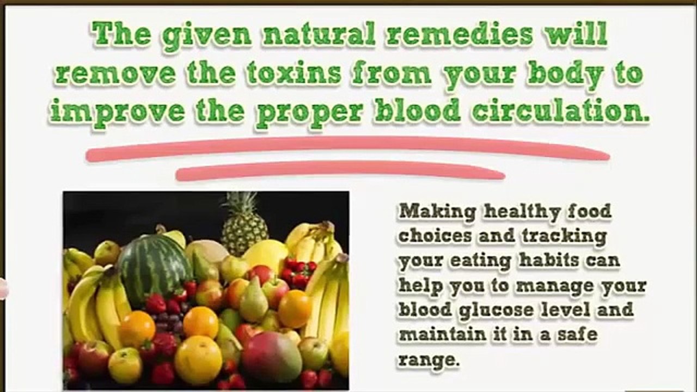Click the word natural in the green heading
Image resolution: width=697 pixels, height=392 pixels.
[319, 34]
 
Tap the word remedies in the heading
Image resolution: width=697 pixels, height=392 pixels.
[459, 34]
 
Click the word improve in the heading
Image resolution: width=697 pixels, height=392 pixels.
[117, 114]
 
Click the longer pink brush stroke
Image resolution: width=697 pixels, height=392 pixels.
[348, 149]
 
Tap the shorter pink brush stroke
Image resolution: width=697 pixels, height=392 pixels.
[340, 170]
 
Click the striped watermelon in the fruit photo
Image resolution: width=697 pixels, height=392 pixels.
[155, 267]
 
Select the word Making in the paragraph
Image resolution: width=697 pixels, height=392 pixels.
[437, 212]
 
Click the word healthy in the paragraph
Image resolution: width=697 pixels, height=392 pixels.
[522, 212]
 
